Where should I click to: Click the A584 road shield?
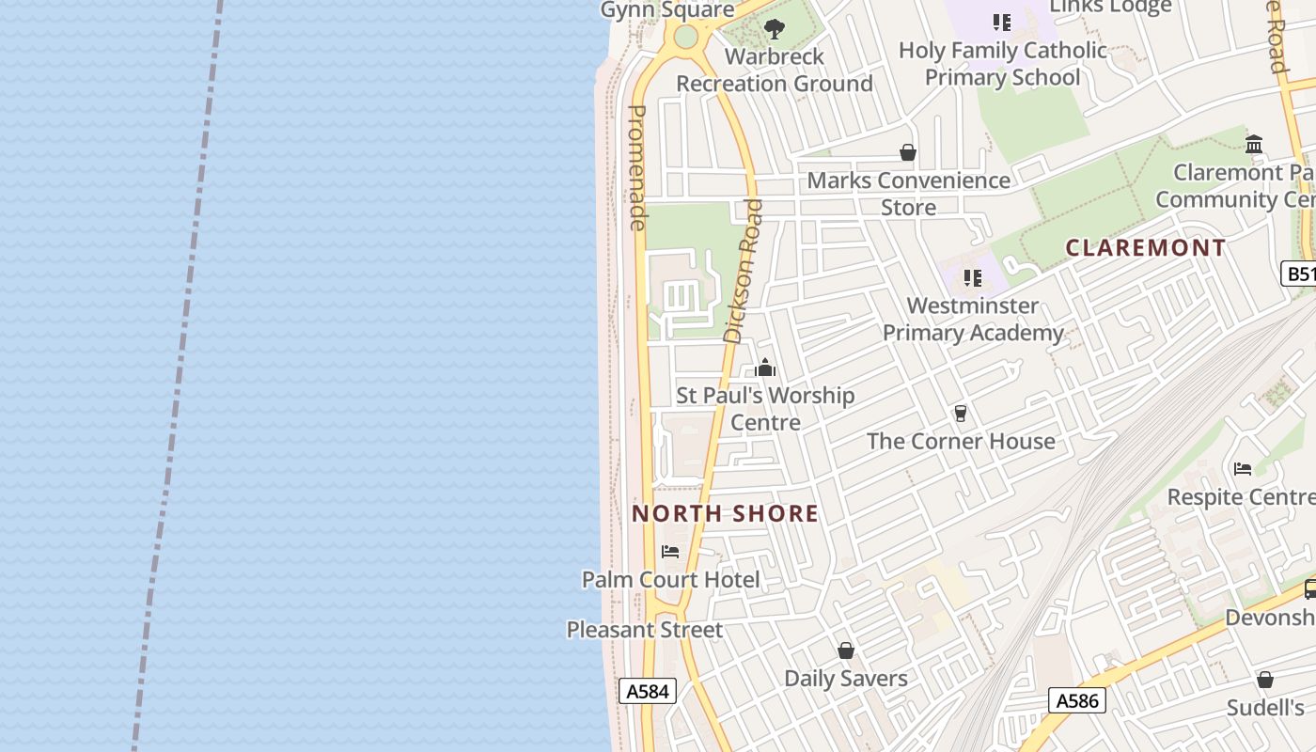coord(648,692)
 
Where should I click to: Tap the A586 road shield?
coord(1076,700)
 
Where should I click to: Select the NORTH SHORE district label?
coord(725,513)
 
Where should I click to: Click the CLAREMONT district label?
coord(1145,248)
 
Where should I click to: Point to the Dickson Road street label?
coord(744,271)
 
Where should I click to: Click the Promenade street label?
coord(637,167)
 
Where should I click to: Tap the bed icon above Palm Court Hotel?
coord(670,552)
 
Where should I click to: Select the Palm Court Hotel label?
coord(670,579)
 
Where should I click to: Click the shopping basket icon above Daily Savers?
coord(846,650)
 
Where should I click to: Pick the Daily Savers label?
coord(846,678)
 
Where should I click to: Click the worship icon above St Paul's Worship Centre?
coord(765,368)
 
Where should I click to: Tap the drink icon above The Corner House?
coord(960,414)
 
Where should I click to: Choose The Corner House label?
coord(961,441)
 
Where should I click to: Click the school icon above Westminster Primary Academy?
coord(972,278)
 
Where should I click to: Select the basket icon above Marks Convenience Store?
coord(908,152)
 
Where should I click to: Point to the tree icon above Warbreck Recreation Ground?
coord(775,29)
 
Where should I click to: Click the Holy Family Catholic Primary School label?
coord(1003,64)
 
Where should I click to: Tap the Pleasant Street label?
coord(645,630)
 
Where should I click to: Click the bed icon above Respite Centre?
coord(1243,469)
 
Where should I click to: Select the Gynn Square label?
coord(667,10)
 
